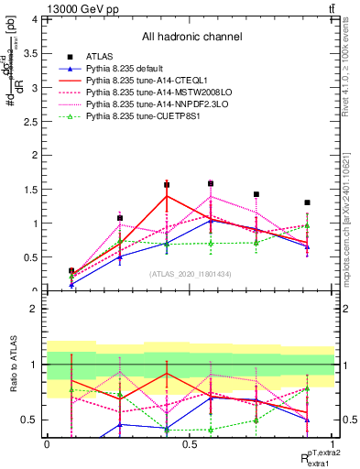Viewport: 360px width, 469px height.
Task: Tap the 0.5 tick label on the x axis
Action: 190,443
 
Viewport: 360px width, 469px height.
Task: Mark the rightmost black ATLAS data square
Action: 307,202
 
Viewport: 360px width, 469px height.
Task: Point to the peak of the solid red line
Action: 167,196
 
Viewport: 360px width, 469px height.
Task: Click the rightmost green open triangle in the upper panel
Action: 307,225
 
